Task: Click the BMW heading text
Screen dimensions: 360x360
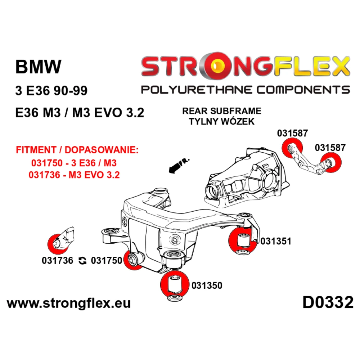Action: tap(39, 67)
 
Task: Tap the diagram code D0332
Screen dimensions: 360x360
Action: tap(328, 302)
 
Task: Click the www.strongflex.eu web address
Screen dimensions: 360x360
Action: tap(69, 303)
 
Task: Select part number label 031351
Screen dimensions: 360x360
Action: tap(275, 241)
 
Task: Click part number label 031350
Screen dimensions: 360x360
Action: tap(207, 285)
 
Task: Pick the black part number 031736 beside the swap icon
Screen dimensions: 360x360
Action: tap(57, 261)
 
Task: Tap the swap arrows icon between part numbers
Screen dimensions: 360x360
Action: tap(82, 261)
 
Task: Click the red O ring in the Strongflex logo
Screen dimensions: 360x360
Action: tap(216, 66)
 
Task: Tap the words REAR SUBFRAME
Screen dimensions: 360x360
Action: tap(222, 111)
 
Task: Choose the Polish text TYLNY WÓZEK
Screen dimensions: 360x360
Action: tap(222, 121)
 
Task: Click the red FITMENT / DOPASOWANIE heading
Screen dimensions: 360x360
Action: tap(77, 150)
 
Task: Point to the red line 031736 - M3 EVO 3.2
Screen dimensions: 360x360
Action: tap(74, 175)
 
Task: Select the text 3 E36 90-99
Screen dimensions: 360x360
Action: tap(51, 90)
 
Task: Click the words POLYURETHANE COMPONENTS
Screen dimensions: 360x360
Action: tap(246, 90)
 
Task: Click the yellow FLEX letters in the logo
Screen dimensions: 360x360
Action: tap(311, 66)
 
